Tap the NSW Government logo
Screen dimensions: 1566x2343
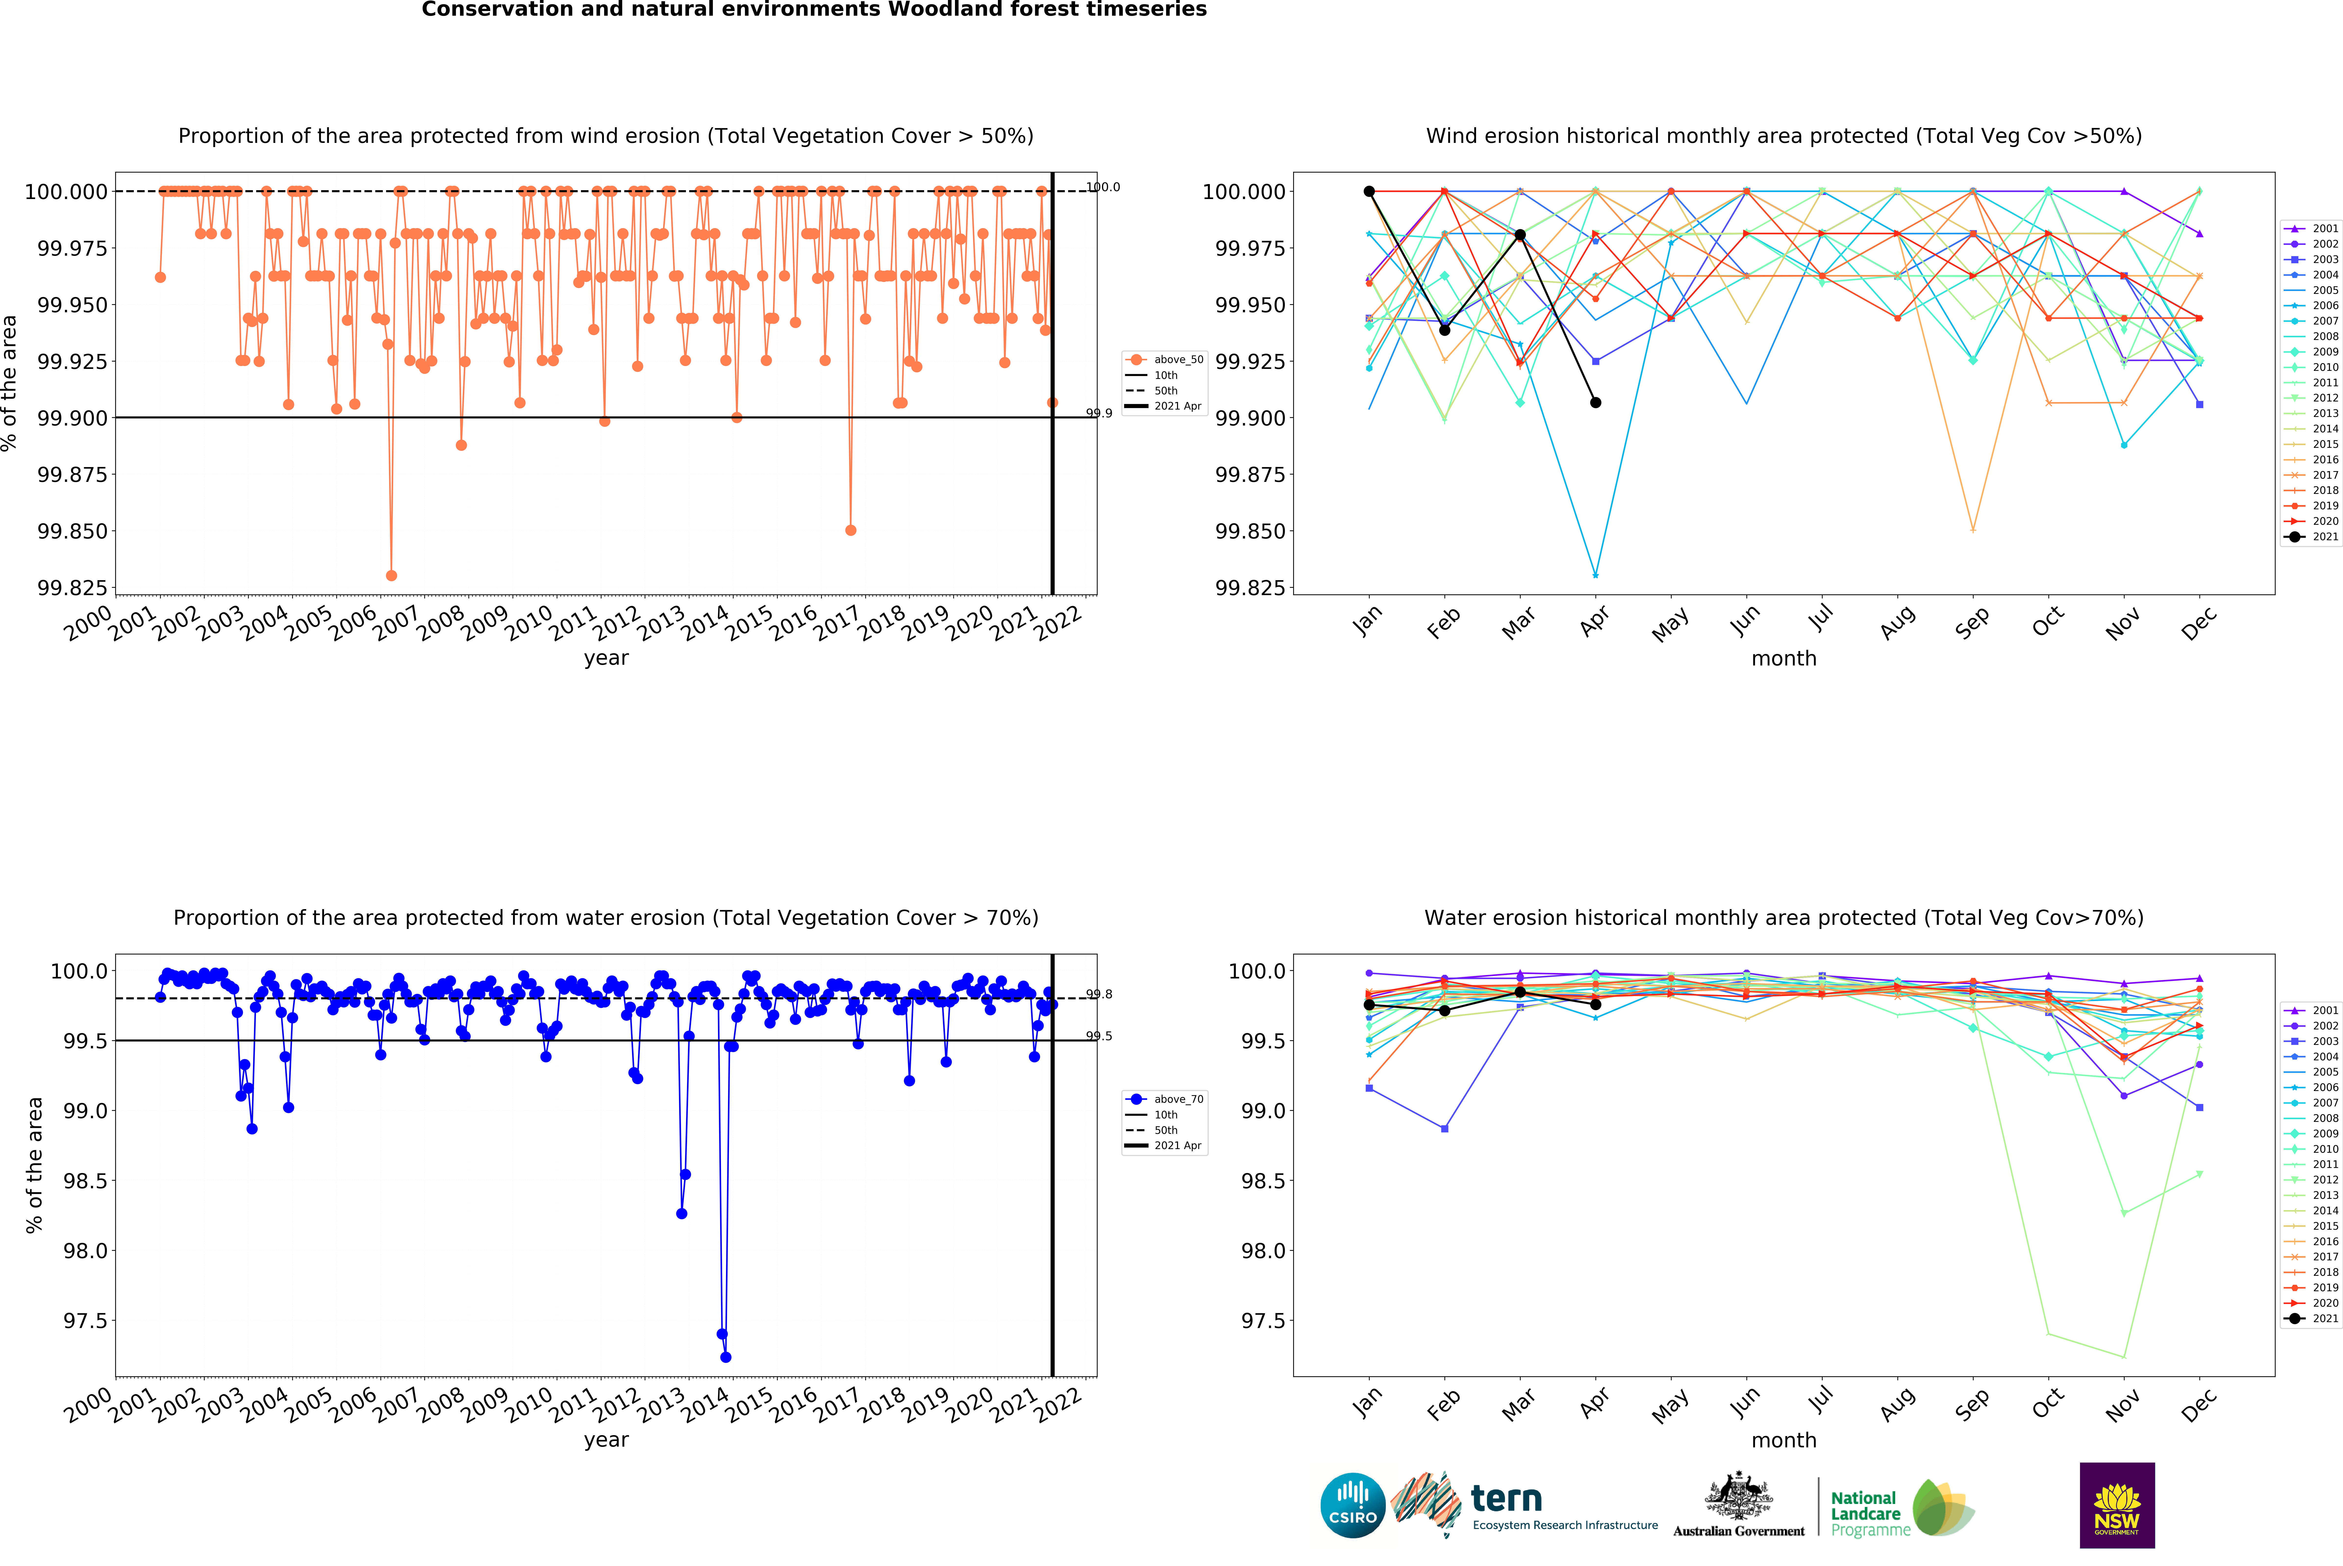[x=2116, y=1505]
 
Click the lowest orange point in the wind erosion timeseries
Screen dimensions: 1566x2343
[x=391, y=575]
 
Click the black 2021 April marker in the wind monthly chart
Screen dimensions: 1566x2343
[x=1595, y=402]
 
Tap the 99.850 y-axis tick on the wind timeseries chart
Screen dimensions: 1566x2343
[x=72, y=531]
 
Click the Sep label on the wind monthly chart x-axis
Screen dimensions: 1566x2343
[x=1972, y=622]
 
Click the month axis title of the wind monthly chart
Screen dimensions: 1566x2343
[x=1784, y=658]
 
